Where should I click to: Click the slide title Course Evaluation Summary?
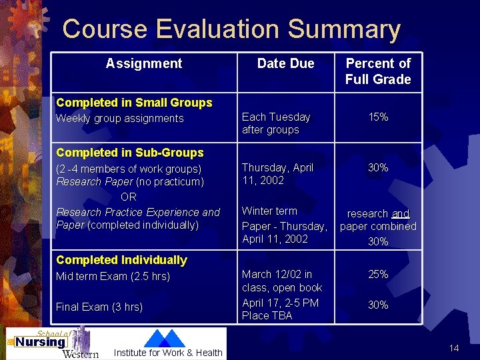(231, 29)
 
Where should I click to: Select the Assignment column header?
(143, 63)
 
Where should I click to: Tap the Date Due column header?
(285, 63)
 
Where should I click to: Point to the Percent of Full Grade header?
(378, 71)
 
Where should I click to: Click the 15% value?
(378, 117)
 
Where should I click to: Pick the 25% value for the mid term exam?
(378, 274)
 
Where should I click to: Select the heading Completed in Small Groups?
(134, 103)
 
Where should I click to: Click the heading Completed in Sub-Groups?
(130, 153)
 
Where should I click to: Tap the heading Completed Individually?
(121, 260)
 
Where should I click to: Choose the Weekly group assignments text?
(120, 119)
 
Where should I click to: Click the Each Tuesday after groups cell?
(276, 123)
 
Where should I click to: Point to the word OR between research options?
(129, 197)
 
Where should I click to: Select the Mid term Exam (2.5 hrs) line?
(113, 276)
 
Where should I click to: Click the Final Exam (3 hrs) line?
(99, 307)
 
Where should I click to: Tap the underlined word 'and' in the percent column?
(400, 213)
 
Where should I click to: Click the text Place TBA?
(267, 315)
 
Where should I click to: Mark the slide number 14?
(454, 349)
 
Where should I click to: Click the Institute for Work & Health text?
(168, 353)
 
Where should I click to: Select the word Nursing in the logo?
(41, 342)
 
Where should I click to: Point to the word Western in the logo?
(80, 353)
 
